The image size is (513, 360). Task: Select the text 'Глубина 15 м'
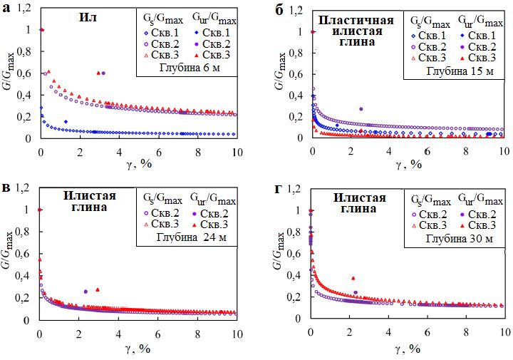[x=456, y=71]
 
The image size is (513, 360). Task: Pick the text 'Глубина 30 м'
[x=457, y=238]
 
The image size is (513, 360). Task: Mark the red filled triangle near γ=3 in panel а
[x=98, y=73]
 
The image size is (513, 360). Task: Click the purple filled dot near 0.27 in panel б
[x=361, y=109]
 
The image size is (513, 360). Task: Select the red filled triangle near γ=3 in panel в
[x=97, y=289]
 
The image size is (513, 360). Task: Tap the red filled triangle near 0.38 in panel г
[x=353, y=278]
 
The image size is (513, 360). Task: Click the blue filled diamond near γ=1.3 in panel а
[x=66, y=122]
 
